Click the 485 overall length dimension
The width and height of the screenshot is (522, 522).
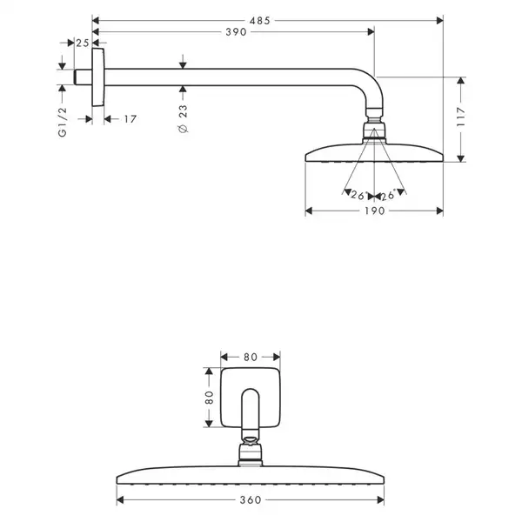click(259, 21)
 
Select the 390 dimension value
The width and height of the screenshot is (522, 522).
click(236, 32)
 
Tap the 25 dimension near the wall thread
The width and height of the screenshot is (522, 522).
click(83, 43)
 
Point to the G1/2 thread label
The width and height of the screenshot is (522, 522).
click(63, 122)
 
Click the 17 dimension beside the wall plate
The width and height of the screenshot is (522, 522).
click(130, 119)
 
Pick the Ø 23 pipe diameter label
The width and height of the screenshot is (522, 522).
click(183, 119)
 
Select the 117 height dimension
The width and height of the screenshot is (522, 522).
click(461, 117)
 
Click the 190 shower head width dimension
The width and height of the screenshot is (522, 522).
click(374, 211)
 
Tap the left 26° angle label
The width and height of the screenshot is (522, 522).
click(358, 195)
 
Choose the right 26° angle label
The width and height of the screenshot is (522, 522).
click(388, 195)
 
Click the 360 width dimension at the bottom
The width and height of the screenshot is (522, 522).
click(251, 500)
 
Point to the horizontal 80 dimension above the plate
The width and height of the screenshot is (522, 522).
click(251, 358)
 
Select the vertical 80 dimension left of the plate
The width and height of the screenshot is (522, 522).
click(209, 398)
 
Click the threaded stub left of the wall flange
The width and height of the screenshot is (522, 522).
click(83, 77)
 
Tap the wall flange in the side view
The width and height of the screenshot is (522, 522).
click(98, 77)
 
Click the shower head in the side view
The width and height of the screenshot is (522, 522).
click(374, 153)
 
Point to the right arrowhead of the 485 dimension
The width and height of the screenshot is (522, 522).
click(439, 21)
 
